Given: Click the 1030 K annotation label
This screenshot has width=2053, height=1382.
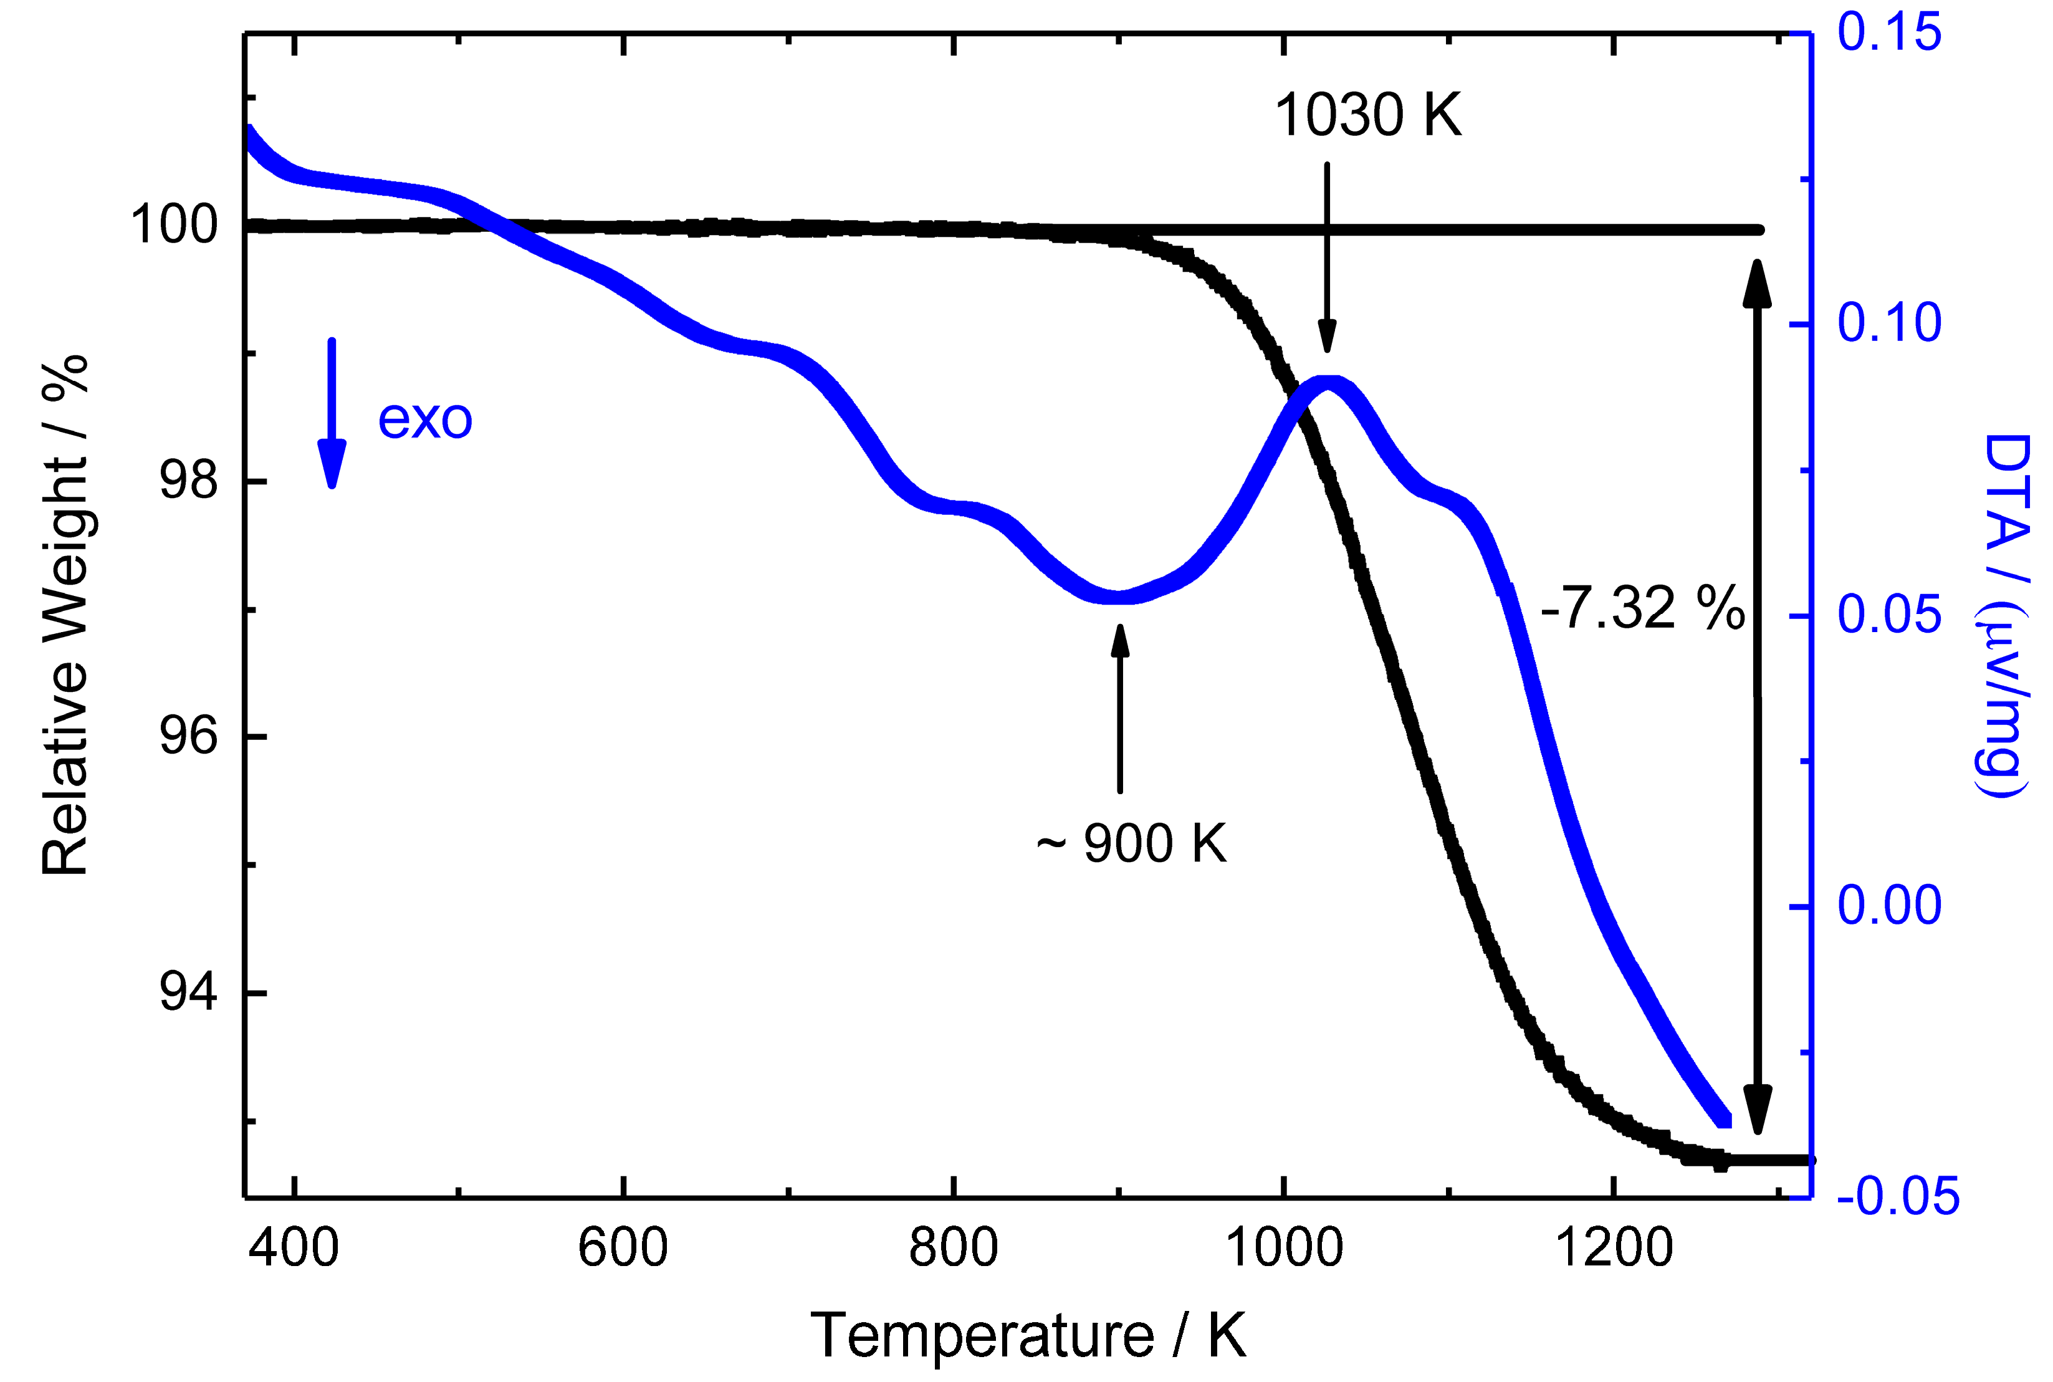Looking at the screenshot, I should (1367, 115).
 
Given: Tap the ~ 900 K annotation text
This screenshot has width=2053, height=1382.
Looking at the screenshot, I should (1131, 843).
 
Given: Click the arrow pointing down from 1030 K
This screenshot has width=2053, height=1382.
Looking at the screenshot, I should (1327, 256).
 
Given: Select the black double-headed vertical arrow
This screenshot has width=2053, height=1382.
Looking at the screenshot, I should (1757, 696).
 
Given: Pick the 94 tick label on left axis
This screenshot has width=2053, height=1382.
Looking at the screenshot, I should (188, 992).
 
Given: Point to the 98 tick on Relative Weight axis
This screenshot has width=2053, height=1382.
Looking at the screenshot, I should (188, 481).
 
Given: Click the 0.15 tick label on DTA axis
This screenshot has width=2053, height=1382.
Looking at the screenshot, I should (1889, 32).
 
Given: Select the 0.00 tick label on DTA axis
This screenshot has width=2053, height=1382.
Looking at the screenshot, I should (1889, 905).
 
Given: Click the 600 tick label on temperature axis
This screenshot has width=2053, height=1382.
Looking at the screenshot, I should (622, 1248).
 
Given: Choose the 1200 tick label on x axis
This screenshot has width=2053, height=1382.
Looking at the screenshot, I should (1614, 1248).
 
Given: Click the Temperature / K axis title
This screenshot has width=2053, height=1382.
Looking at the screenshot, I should (1027, 1335).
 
